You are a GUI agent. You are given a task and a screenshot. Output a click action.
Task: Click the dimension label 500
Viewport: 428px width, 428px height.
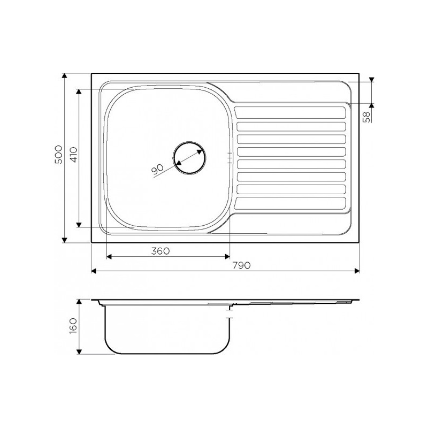pos(59,155)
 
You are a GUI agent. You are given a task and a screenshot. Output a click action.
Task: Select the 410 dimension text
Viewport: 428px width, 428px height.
pos(74,155)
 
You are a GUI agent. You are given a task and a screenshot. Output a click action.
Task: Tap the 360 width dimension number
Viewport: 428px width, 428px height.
pos(160,251)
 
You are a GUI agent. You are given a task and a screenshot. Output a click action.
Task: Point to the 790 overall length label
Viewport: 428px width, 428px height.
pos(242,265)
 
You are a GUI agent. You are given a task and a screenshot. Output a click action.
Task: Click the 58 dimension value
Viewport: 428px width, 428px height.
pos(368,117)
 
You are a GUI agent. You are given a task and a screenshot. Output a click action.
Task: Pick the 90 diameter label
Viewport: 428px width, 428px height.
pos(157,169)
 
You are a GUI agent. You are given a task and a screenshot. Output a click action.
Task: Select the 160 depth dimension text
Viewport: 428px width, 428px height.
pos(74,326)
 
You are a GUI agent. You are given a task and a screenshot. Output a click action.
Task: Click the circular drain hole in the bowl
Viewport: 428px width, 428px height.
pos(189,158)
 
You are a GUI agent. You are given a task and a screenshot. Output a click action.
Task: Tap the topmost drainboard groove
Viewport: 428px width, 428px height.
pos(291,113)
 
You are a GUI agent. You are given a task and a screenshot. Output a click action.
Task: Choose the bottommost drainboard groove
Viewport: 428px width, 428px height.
pos(291,203)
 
